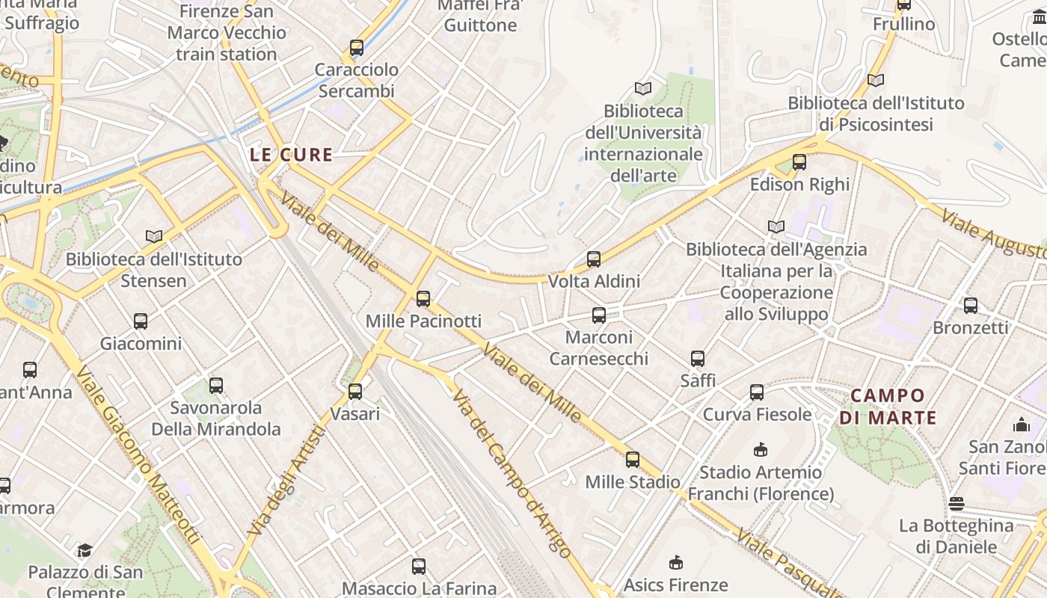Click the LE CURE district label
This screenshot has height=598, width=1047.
291,155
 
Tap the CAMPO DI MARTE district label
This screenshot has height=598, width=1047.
888,407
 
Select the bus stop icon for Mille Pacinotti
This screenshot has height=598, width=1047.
423,299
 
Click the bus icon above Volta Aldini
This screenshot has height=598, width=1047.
594,259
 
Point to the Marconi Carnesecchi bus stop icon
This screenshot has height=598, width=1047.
599,315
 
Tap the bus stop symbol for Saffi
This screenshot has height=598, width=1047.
698,359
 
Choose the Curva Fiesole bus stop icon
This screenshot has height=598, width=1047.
757,392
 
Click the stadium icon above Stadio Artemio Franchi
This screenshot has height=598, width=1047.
761,449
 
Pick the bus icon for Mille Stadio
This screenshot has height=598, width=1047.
633,460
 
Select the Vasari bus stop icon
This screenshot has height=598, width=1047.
355,392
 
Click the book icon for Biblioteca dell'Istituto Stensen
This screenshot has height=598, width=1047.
154,237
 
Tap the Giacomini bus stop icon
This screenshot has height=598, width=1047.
141,321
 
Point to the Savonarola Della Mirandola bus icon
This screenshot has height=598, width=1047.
216,386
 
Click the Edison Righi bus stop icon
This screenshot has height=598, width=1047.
799,162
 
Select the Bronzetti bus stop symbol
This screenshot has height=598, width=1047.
971,305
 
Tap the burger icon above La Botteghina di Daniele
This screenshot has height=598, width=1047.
956,503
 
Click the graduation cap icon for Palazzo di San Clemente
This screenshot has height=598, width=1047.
85,551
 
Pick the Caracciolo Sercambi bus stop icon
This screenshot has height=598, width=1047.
357,48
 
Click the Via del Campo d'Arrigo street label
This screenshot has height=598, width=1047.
512,475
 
